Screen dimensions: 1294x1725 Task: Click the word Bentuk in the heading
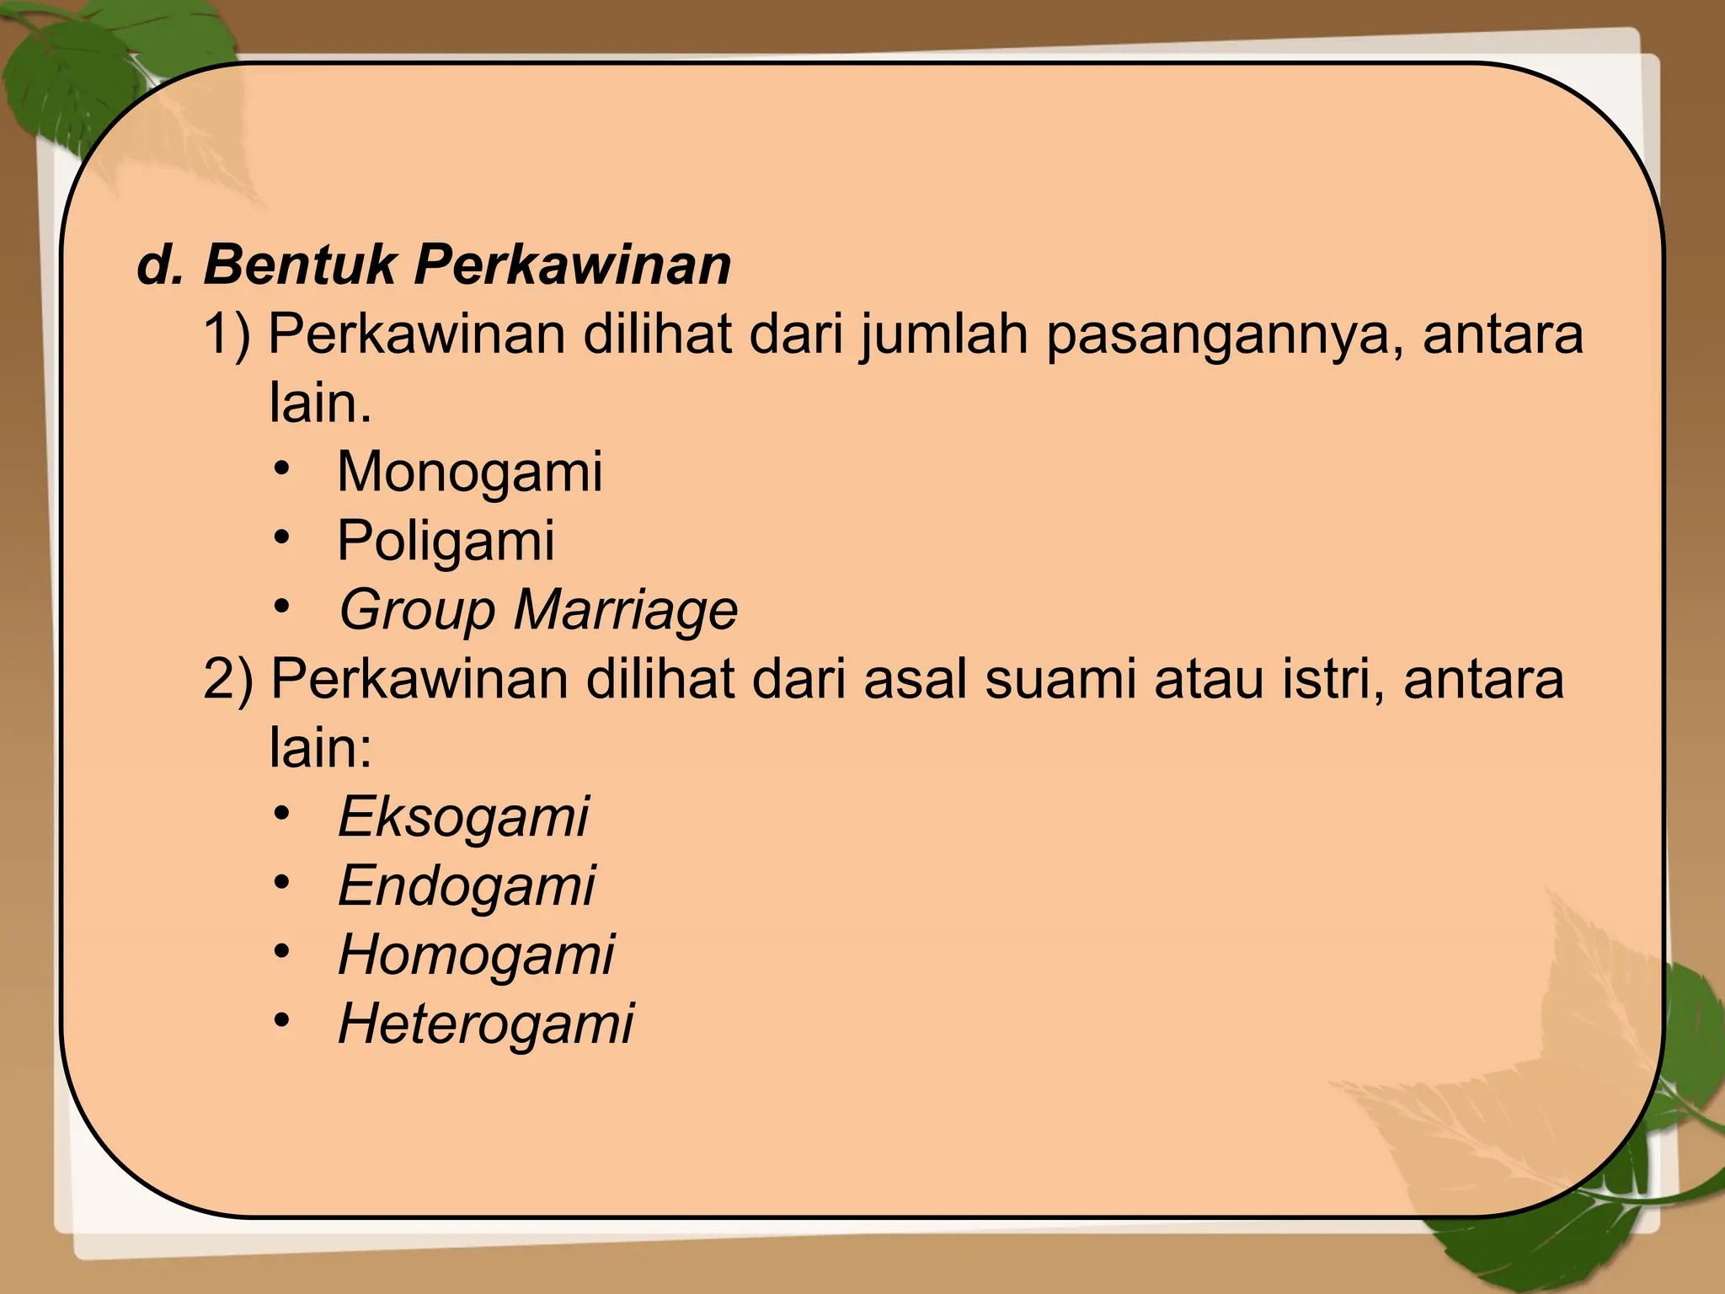(299, 265)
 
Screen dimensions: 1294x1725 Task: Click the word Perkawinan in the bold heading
(572, 265)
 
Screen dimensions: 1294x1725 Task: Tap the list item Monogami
(469, 472)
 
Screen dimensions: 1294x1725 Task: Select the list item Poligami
(446, 541)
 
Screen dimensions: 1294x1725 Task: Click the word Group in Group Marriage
(416, 610)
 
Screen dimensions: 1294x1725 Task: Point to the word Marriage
(625, 610)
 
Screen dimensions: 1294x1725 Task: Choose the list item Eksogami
(463, 817)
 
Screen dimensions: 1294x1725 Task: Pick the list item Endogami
(467, 886)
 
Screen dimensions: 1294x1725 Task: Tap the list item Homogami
(476, 955)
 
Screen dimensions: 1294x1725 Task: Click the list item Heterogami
(486, 1024)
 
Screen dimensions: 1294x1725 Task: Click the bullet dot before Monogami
(281, 468)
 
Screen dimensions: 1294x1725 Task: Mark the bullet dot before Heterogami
(281, 1021)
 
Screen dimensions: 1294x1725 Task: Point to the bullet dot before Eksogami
(281, 814)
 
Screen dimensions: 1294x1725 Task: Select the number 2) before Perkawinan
(227, 680)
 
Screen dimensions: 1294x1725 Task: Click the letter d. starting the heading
(160, 265)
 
